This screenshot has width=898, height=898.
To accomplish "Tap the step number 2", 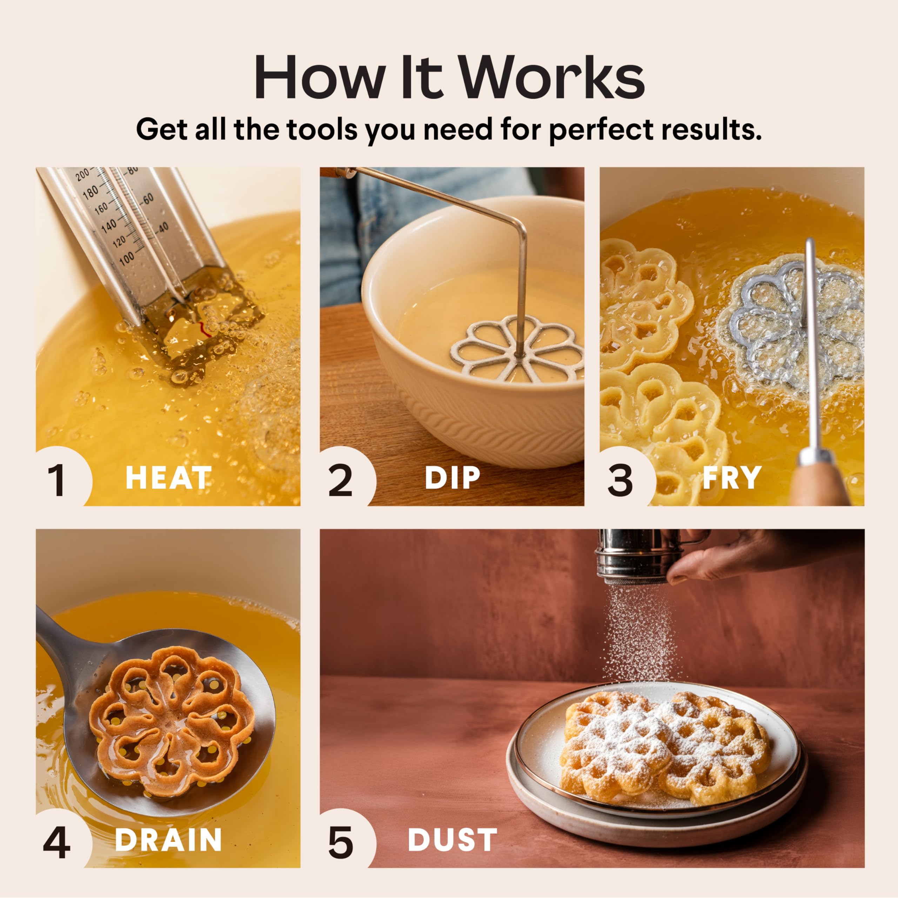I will [x=340, y=481].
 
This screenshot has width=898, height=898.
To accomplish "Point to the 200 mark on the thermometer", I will [x=83, y=175].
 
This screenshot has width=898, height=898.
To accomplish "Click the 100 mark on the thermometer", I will [x=126, y=259].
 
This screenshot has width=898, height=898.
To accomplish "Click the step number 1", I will [x=57, y=481].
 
